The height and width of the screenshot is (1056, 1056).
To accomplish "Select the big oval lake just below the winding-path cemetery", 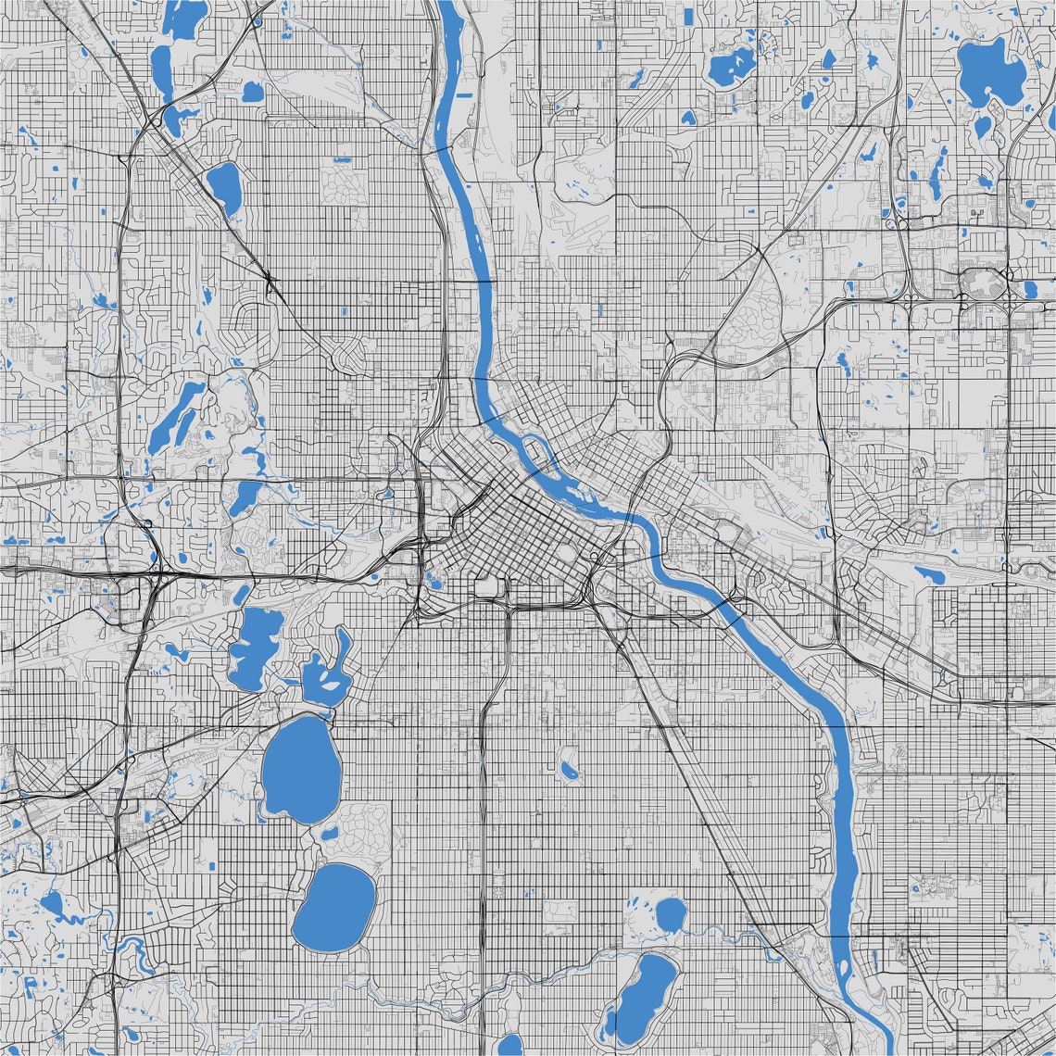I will click(334, 908).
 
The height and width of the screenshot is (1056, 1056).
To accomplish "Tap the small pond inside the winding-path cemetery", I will click(330, 832).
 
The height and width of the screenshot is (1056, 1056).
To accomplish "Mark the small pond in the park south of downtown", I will click(568, 768).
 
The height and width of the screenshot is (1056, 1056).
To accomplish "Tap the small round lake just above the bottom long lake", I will click(669, 914).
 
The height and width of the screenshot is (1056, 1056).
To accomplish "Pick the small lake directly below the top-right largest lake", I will click(982, 127).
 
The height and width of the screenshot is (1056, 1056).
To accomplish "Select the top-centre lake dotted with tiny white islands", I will click(732, 67).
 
